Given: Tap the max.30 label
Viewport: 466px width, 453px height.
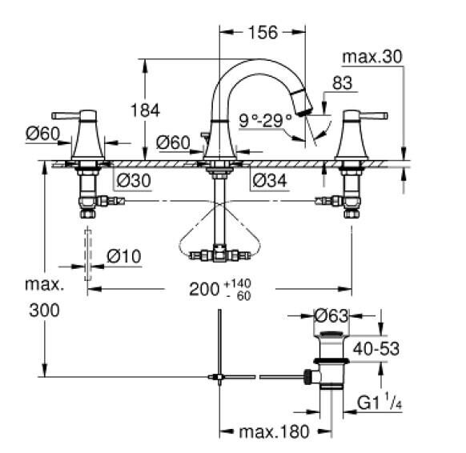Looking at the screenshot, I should pyautogui.click(x=372, y=58).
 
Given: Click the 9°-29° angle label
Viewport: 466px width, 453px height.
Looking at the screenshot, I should pyautogui.click(x=266, y=121).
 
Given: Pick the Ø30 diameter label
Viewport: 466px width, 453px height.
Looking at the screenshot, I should pyautogui.click(x=134, y=180).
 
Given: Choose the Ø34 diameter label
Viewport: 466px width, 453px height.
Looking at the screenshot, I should pyautogui.click(x=271, y=180).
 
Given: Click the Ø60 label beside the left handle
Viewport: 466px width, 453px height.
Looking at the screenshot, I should pyautogui.click(x=42, y=134).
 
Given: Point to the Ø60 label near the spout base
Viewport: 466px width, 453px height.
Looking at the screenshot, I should pyautogui.click(x=173, y=142).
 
